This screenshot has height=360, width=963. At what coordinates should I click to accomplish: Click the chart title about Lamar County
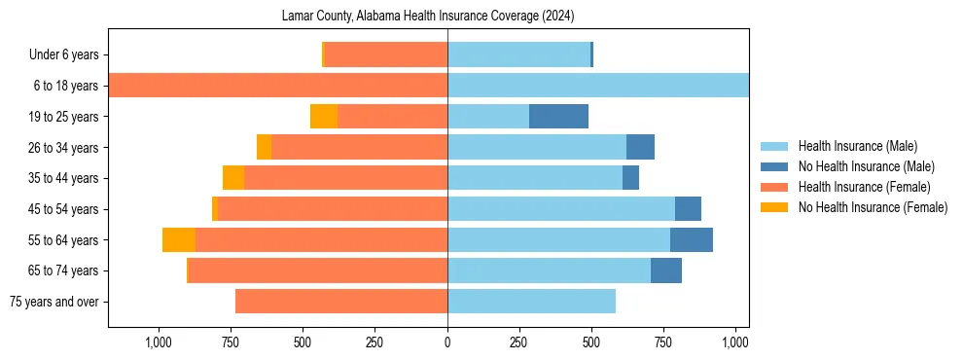point(428,17)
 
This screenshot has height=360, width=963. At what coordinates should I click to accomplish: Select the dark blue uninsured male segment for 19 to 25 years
point(558,117)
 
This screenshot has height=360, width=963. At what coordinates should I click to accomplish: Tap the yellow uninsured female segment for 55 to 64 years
point(179,240)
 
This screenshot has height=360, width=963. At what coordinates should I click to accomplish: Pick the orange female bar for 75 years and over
point(341,302)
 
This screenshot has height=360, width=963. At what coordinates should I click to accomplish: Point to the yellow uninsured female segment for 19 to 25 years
point(324,117)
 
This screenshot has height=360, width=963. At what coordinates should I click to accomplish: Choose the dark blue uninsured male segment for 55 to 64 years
point(692,240)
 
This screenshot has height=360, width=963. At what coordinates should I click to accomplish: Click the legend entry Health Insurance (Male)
point(857,146)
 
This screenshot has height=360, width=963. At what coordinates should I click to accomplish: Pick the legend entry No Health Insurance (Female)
point(873,207)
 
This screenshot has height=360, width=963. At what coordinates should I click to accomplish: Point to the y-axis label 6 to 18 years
point(66,86)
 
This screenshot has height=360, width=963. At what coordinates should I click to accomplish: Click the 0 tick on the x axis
point(447,342)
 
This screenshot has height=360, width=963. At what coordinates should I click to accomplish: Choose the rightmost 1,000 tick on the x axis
point(735,342)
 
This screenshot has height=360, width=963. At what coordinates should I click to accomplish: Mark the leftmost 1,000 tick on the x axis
point(159,342)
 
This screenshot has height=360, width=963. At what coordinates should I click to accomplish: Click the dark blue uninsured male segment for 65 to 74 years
point(666,270)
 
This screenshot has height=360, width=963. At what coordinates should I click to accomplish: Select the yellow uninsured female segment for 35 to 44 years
point(233,178)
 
